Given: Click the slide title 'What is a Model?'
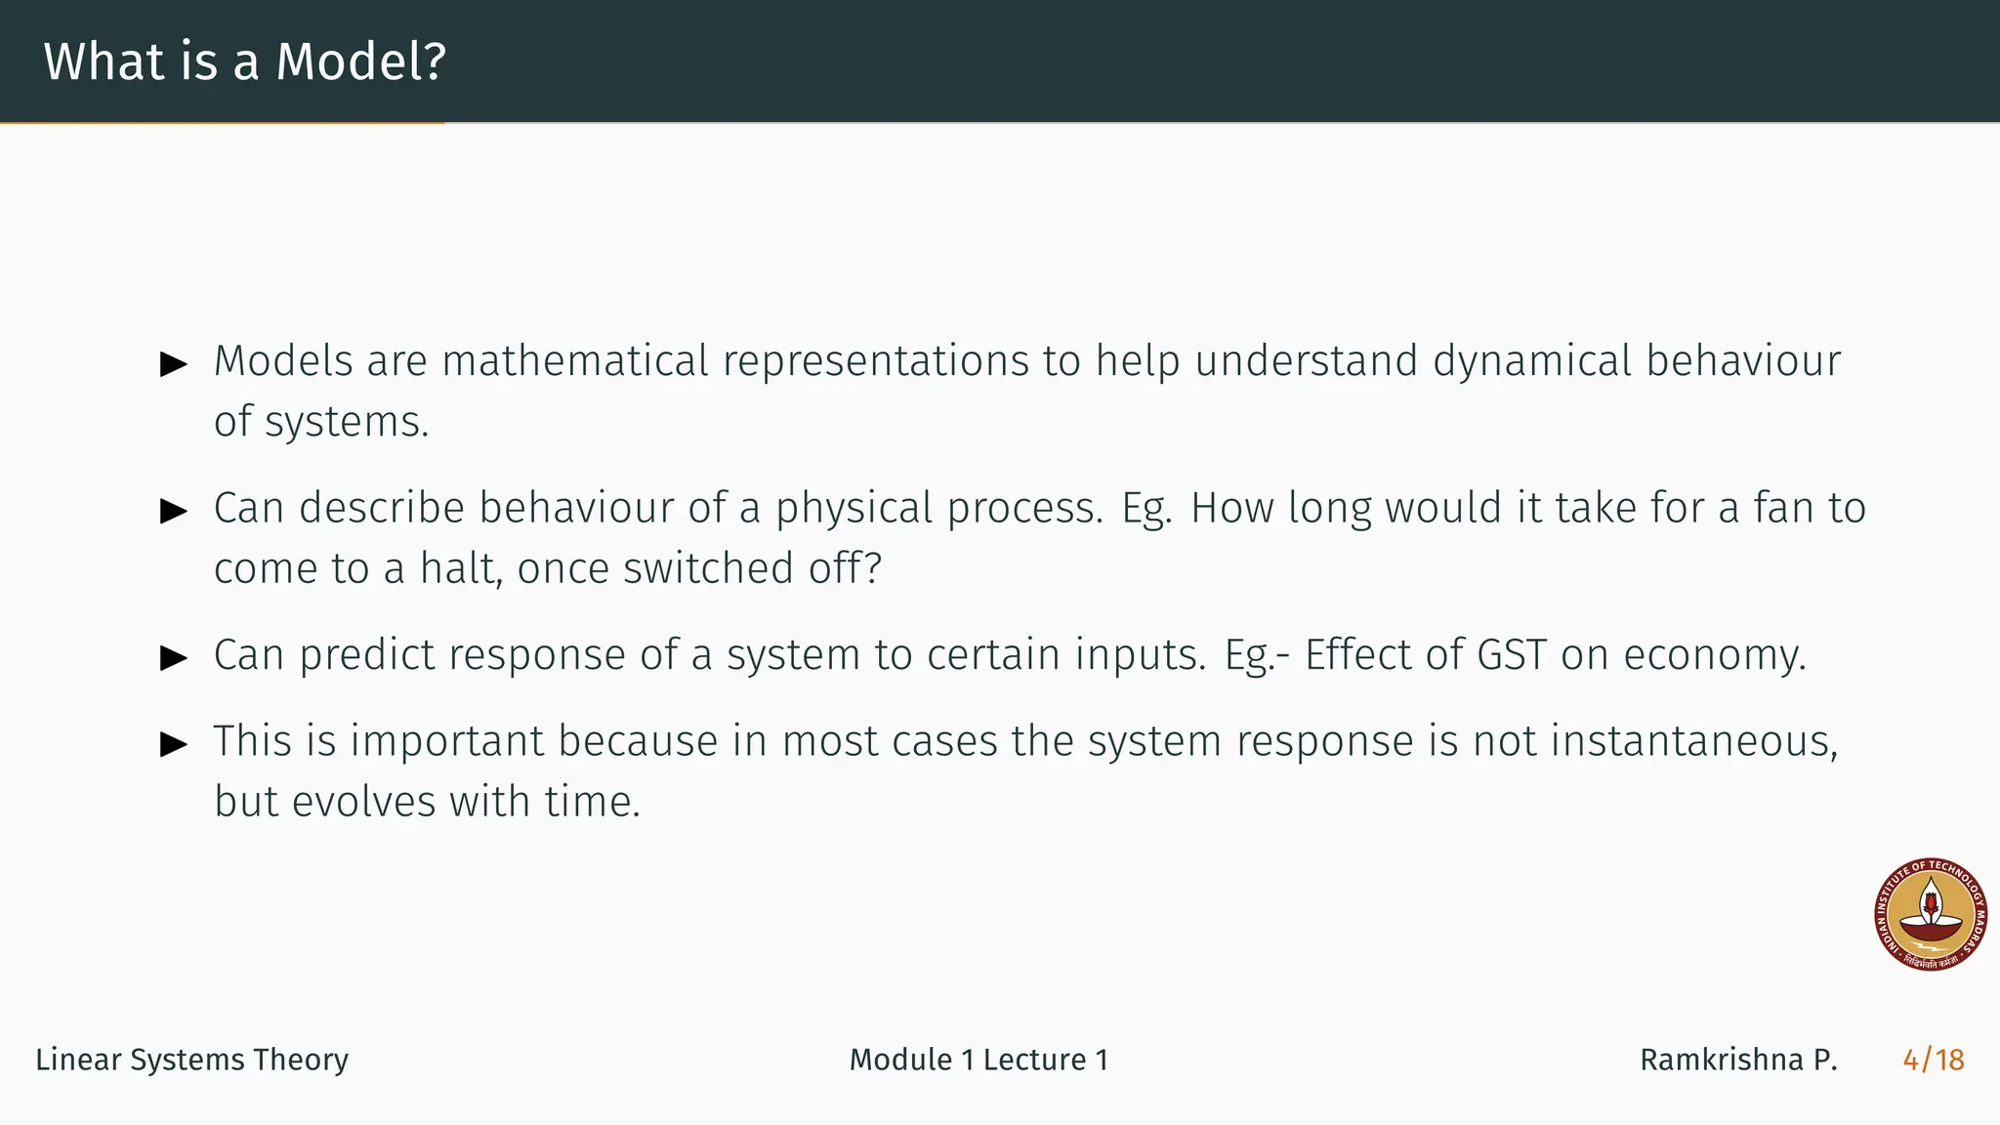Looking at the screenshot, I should point(244,62).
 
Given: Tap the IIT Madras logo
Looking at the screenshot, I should point(1931,915).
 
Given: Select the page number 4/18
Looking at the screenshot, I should point(1933,1060).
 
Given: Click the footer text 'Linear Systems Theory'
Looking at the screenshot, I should point(191,1060).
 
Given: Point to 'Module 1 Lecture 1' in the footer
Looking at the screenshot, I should point(979,1060).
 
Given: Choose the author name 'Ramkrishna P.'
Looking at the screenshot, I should point(1738,1060).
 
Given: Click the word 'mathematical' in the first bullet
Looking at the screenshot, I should point(575,361).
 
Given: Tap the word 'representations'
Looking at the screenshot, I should point(876,361).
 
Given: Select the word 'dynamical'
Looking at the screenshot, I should point(1532,361).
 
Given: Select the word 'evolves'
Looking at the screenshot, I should point(363,802).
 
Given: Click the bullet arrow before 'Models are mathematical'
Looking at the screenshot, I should point(174,365).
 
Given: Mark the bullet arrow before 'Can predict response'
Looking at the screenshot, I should point(174,658).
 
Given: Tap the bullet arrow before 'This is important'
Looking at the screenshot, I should point(174,745).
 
